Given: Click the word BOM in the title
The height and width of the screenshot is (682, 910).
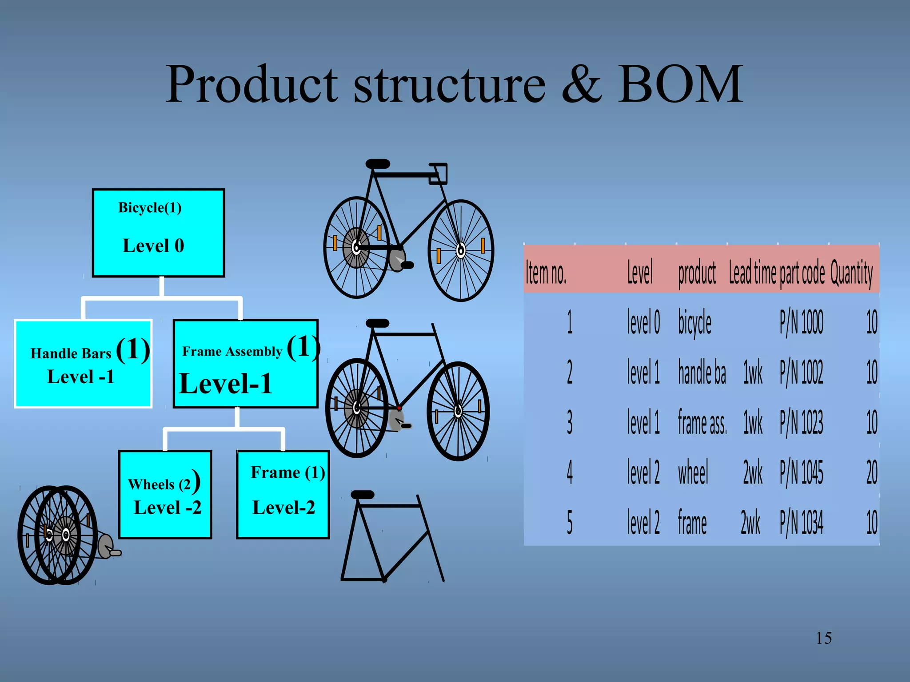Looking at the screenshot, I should click(x=680, y=84).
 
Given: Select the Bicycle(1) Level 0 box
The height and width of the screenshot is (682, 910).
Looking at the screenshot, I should click(x=158, y=233).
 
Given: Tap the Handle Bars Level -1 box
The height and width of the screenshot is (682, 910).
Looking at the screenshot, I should click(x=83, y=363).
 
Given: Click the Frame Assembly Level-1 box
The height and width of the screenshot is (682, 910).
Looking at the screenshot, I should click(x=245, y=363).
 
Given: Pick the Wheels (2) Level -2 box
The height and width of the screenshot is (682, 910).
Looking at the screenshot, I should click(x=165, y=495).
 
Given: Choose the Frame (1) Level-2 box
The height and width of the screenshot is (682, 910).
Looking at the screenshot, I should click(x=283, y=495).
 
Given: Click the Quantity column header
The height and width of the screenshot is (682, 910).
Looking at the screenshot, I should click(x=851, y=272).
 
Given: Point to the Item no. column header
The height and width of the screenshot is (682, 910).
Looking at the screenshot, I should click(x=546, y=272).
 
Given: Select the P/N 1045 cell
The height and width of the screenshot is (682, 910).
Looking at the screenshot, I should click(x=801, y=472).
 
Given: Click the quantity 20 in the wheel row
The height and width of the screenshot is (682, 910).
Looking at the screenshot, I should click(x=871, y=472).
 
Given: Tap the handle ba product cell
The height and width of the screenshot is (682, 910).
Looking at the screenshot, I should click(x=702, y=373).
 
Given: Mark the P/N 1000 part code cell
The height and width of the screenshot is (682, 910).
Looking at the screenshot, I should click(x=801, y=322).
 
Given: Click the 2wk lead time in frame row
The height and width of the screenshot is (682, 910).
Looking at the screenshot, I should click(x=750, y=523).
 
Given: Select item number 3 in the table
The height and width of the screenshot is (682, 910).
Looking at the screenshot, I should click(x=570, y=422).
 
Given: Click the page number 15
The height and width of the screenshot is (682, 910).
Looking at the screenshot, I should click(x=824, y=638).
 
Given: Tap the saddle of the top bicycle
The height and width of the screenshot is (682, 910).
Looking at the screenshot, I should click(x=378, y=164).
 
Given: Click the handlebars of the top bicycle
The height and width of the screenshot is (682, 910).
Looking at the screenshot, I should click(x=438, y=173).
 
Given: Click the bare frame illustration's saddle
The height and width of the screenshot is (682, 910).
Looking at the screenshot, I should click(x=363, y=495).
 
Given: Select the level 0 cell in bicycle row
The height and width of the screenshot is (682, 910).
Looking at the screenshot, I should click(x=643, y=322).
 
